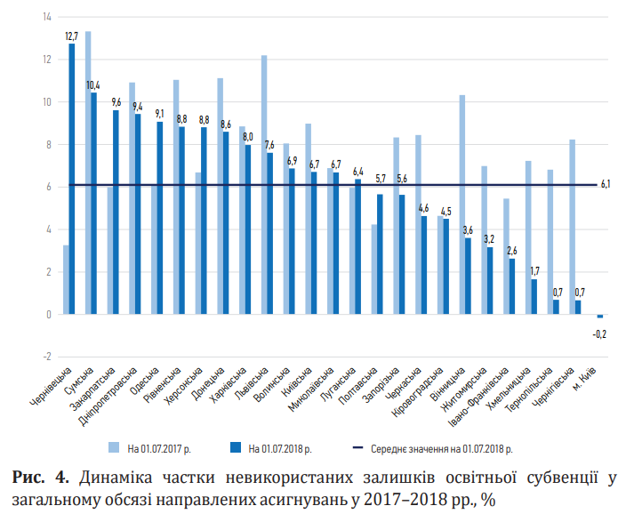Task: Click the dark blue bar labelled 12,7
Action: pyautogui.click(x=72, y=178)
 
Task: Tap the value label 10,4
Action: pyautogui.click(x=93, y=85)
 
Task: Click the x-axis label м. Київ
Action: pyautogui.click(x=589, y=374)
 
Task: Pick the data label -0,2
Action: pyautogui.click(x=601, y=333)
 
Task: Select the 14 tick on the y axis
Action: pyautogui.click(x=46, y=17)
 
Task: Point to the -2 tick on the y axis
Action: pyautogui.click(x=46, y=357)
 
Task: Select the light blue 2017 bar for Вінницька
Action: pyautogui.click(x=462, y=205)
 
